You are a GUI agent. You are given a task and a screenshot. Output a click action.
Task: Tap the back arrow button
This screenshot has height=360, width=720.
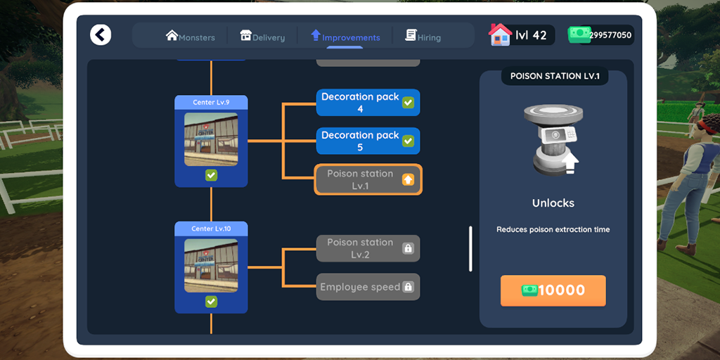(101, 35)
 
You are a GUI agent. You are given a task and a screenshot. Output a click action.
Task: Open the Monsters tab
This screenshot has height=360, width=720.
(190, 37)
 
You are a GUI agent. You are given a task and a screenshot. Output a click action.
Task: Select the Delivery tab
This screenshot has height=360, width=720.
(262, 37)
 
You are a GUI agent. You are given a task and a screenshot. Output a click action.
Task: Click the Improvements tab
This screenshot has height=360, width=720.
(345, 37)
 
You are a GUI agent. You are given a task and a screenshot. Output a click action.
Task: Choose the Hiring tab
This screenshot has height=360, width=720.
(423, 37)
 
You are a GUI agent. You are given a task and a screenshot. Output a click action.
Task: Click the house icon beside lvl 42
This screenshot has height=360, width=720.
(500, 34)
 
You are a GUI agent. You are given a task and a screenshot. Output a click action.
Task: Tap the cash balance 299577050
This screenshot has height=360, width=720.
(610, 35)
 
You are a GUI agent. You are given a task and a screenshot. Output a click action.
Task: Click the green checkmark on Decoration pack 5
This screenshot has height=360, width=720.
(408, 141)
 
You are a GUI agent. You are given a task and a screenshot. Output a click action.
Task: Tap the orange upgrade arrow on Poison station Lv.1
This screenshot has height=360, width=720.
(408, 179)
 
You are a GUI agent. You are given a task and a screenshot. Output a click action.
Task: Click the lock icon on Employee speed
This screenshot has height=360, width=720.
(407, 287)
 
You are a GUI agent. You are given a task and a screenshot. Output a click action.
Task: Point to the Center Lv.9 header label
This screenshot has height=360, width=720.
(211, 103)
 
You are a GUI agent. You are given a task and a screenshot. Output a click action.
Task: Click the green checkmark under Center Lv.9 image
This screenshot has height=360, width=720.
(211, 175)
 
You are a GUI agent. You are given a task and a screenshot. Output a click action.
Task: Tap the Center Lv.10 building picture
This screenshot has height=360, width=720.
(211, 265)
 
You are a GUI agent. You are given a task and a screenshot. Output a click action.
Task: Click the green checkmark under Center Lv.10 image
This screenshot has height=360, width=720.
(211, 302)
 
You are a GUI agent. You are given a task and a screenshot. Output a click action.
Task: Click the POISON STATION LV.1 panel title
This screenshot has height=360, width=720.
(555, 76)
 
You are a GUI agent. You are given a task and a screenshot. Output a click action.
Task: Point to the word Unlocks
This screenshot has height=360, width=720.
(553, 203)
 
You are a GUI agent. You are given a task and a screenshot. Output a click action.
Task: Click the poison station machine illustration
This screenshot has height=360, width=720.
(553, 139)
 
